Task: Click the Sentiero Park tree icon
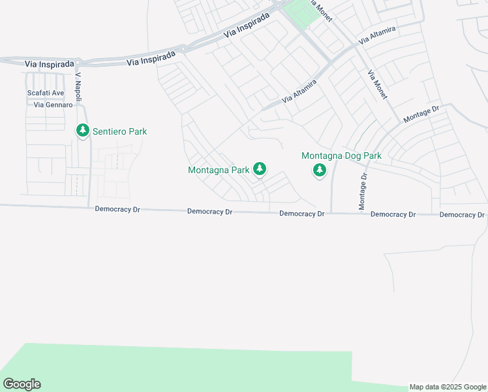point(82,131)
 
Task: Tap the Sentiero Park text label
point(119,131)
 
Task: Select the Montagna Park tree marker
point(260,169)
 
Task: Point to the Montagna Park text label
point(219,170)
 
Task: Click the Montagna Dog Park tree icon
point(319,171)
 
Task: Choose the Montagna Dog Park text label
point(341,155)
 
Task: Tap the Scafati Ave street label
point(46,93)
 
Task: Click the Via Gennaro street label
point(48,105)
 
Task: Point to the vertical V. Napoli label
point(78,86)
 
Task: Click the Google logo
point(22,384)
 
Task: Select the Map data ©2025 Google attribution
point(448,387)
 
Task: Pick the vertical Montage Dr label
point(363,191)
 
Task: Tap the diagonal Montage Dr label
point(422,113)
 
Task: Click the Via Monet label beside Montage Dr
point(378,84)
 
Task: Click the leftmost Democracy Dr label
point(117,210)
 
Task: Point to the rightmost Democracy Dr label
point(462,214)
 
